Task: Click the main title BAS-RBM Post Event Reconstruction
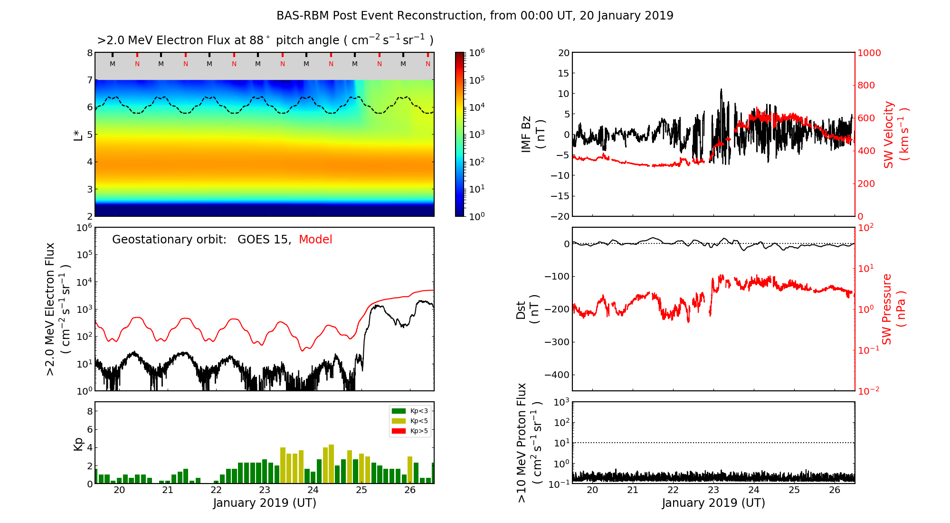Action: pyautogui.click(x=475, y=16)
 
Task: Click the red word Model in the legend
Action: pyautogui.click(x=315, y=240)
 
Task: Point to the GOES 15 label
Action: pyautogui.click(x=264, y=240)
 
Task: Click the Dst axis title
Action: pyautogui.click(x=527, y=309)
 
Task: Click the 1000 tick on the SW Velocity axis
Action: pyautogui.click(x=869, y=53)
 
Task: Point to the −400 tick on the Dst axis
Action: pyautogui.click(x=557, y=375)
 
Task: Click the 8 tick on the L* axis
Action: pyautogui.click(x=90, y=53)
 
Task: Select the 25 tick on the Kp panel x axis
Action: pyautogui.click(x=361, y=490)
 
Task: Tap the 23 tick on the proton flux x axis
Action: pyautogui.click(x=713, y=490)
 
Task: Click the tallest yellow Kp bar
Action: pyautogui.click(x=331, y=464)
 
